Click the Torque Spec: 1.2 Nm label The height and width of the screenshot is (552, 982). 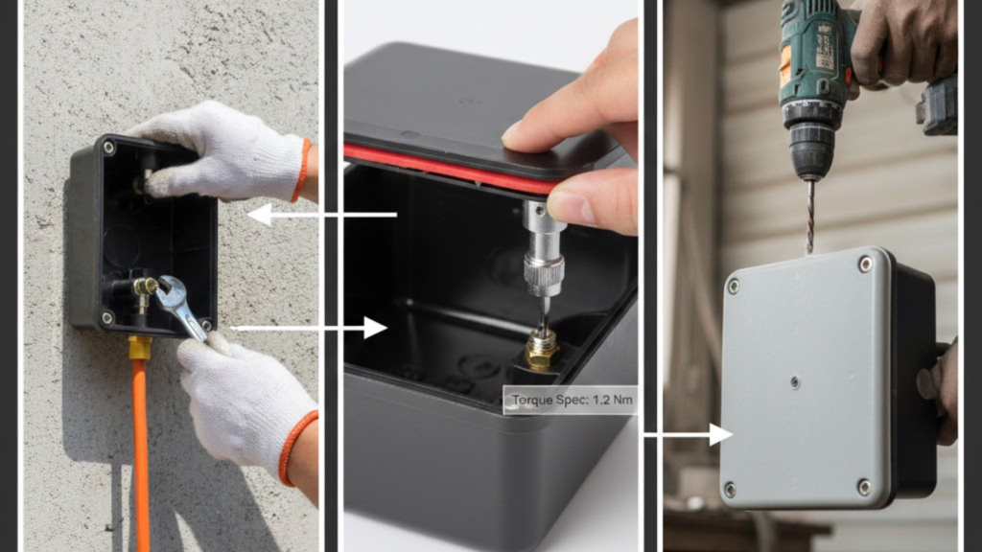pos(571,400)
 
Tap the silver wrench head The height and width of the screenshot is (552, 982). pos(174,292)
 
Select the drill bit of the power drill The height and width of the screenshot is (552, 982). pos(810,216)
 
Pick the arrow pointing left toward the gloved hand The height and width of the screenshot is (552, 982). pos(322,215)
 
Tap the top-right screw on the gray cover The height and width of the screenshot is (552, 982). pos(865,264)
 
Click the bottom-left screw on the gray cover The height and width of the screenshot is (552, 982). pos(730,488)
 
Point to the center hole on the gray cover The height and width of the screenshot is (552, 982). pos(795,381)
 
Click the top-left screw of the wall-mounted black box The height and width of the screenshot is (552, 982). pos(109,148)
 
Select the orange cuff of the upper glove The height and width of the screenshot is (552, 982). pos(303,171)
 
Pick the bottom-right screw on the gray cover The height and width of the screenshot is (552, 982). pos(864,486)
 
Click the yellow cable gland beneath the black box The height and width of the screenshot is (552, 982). pos(140,347)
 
